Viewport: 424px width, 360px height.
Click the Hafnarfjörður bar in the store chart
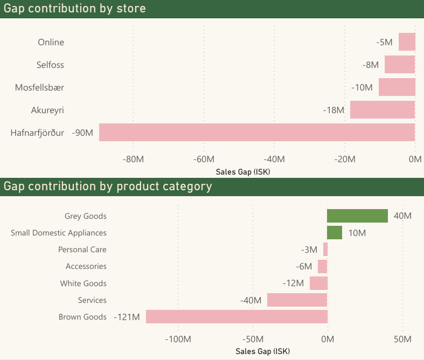coord(256,133)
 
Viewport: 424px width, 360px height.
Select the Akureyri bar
coord(383,110)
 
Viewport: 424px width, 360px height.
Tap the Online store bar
coord(407,42)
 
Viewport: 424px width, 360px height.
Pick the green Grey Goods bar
coord(357,216)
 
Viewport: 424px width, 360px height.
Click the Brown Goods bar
coord(237,317)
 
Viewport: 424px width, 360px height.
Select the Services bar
coord(297,300)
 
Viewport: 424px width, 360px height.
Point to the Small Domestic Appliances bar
coord(335,233)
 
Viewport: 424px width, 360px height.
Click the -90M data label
coord(82,133)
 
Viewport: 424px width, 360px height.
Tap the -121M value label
coord(127,317)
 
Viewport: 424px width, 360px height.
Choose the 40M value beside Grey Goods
coord(402,216)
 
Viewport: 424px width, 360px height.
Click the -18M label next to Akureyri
coord(333,110)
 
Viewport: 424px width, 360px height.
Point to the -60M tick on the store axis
coord(204,159)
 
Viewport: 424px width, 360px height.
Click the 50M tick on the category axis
coord(402,340)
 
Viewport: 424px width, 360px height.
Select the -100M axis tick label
coord(178,340)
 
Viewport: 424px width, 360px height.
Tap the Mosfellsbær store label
coord(39,87)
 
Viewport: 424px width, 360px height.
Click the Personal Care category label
coord(82,250)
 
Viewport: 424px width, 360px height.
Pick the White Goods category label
coord(84,283)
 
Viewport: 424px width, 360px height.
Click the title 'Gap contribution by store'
coord(75,9)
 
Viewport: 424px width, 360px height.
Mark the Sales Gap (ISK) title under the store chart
coord(242,172)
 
